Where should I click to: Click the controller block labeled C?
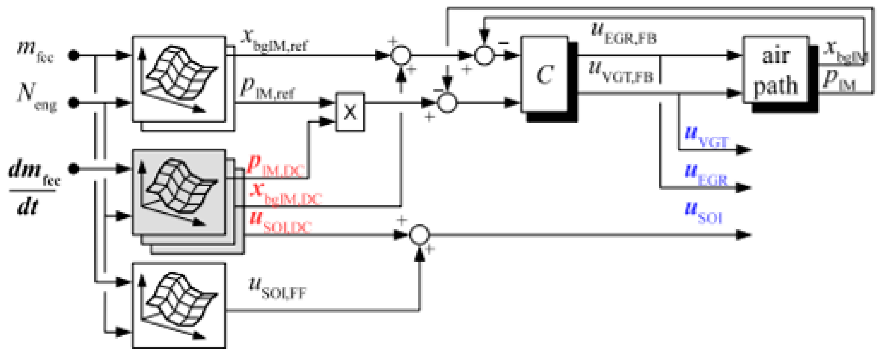545,74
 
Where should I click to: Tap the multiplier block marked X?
350,112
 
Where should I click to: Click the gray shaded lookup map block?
179,192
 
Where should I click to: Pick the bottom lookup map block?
179,305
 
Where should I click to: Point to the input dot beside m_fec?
73,55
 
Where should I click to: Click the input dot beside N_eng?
73,102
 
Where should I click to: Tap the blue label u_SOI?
704,212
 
